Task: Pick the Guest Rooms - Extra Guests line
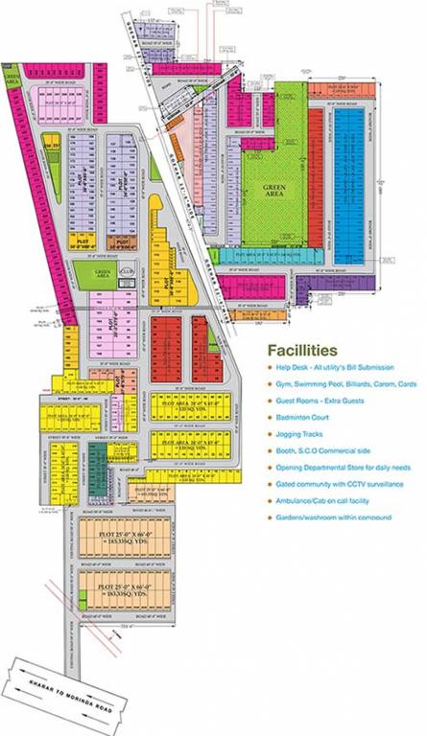click(x=321, y=400)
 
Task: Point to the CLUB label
click(x=126, y=268)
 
